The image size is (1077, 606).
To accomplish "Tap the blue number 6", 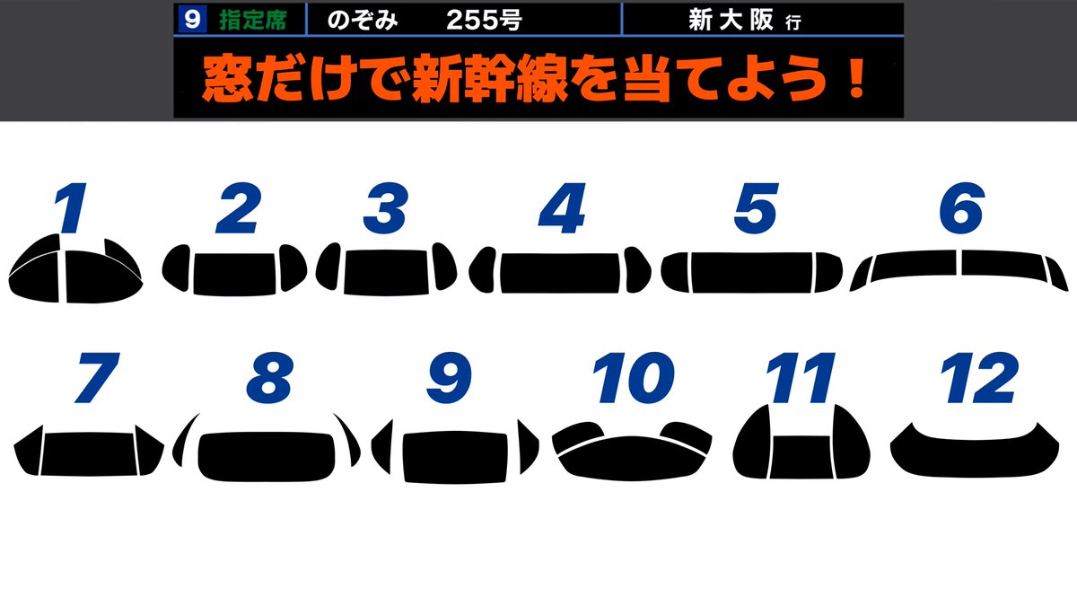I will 961,209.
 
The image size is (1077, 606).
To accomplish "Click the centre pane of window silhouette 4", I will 560,272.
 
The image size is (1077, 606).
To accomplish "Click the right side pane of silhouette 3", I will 444,267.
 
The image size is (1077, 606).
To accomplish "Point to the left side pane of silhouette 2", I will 177,268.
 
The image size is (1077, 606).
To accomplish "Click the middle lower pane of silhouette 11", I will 801,457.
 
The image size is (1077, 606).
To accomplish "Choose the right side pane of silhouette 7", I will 149,448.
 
